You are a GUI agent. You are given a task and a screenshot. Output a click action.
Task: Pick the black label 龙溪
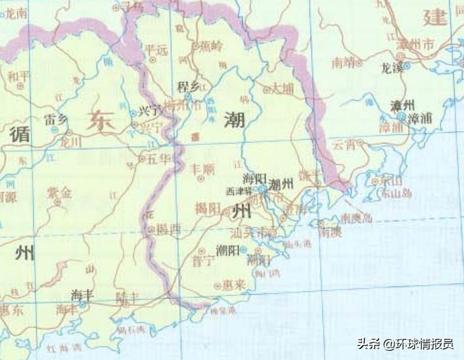[x=393, y=68]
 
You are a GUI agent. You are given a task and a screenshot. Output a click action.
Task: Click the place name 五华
[x=158, y=158]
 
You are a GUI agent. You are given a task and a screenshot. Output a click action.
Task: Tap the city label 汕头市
[x=249, y=232]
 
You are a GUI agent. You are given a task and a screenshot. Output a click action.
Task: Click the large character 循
[x=21, y=135]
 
